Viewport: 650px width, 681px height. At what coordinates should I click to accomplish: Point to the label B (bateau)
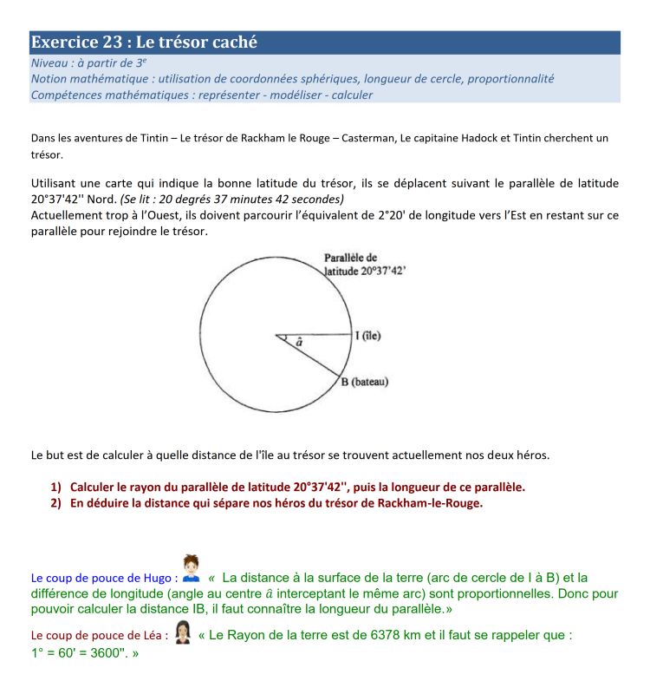coord(364,382)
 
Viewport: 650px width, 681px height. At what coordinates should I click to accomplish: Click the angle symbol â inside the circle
coord(299,344)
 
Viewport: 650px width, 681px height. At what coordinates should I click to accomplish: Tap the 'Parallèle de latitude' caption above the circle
coord(364,265)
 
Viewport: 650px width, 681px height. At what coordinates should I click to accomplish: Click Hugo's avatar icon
coord(192,567)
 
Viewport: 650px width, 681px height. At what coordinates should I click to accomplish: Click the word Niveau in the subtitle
coord(49,62)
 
